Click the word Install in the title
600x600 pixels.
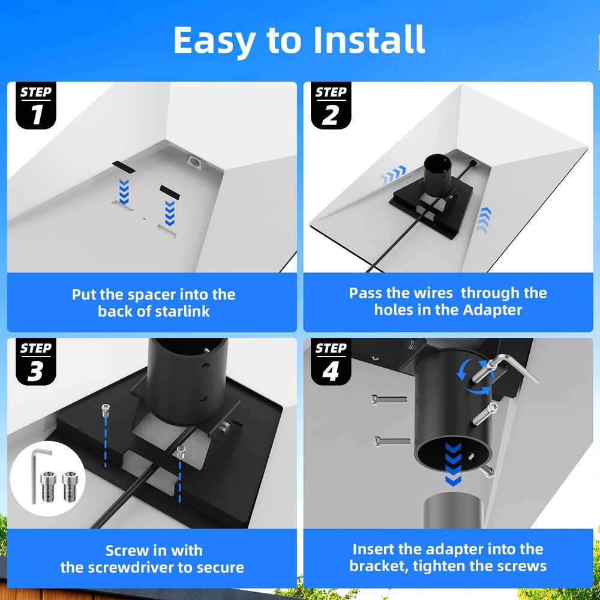click(x=369, y=40)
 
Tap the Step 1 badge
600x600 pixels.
click(x=35, y=105)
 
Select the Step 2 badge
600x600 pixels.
click(x=331, y=105)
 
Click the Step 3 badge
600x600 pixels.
click(x=35, y=362)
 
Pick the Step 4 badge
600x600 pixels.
click(x=331, y=362)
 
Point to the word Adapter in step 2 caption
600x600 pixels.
click(x=492, y=310)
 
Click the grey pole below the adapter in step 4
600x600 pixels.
click(x=453, y=511)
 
